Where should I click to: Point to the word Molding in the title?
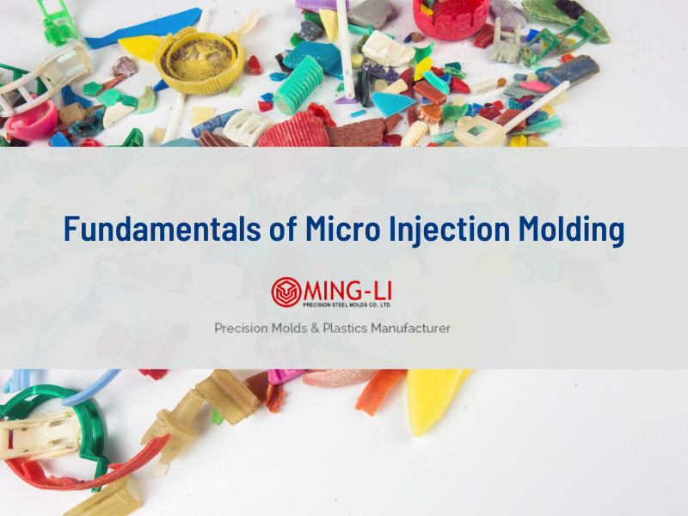(x=579, y=230)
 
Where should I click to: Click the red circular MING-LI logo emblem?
(x=286, y=292)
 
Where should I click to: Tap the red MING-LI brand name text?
(x=347, y=287)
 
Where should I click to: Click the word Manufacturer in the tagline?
(x=403, y=328)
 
